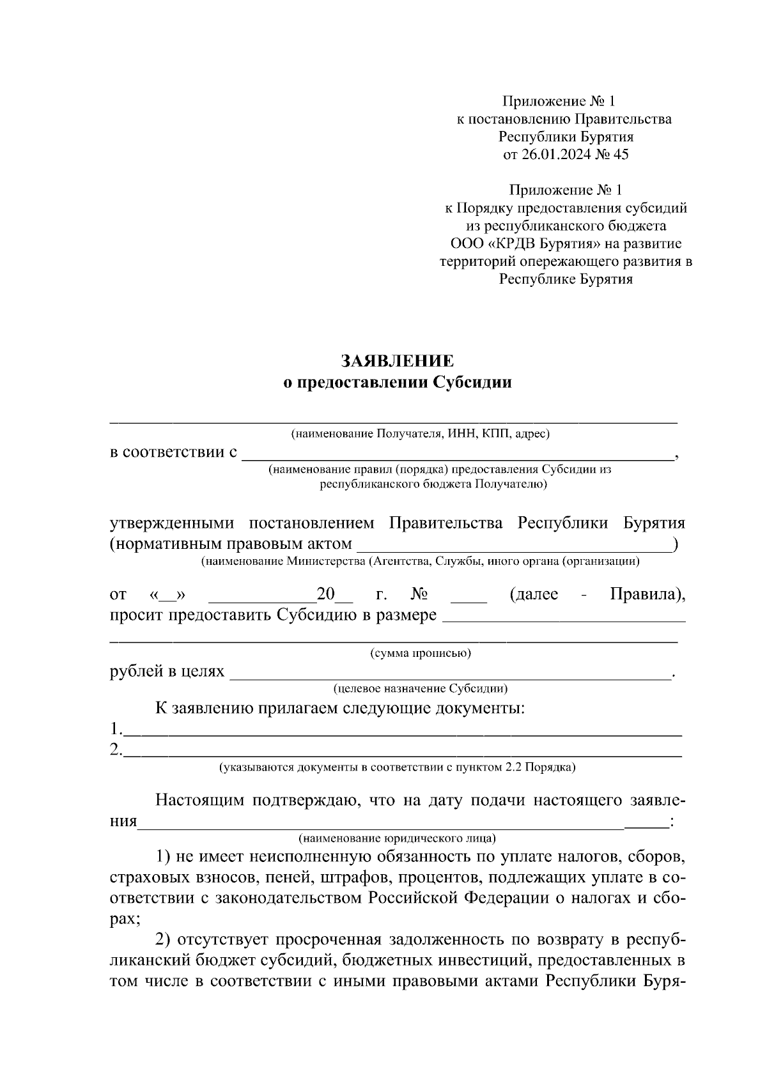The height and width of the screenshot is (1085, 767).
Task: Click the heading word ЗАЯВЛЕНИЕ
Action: tap(397, 361)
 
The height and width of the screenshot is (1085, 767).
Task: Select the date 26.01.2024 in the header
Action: tap(554, 154)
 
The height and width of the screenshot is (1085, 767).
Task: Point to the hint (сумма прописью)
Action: tap(421, 653)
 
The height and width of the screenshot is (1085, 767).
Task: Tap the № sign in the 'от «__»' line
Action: tap(419, 595)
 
